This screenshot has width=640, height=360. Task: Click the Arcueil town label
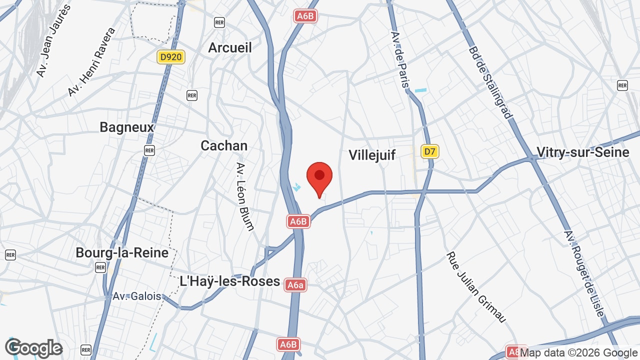point(230,47)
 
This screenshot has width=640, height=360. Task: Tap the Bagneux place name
point(127,127)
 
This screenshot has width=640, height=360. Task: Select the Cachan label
point(224,145)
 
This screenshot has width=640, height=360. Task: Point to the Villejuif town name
point(372,155)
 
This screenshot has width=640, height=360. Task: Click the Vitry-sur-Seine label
point(582,152)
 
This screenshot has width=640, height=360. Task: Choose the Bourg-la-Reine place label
point(122,252)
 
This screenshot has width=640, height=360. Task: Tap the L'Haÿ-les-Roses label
point(229,281)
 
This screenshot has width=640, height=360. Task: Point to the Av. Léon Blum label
point(245,196)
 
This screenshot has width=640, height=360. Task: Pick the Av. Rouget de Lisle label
point(584,273)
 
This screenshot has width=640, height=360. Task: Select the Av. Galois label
point(137,296)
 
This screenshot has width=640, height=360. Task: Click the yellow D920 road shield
point(171,57)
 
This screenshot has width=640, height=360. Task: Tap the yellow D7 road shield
point(429,151)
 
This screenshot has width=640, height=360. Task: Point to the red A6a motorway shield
point(295,285)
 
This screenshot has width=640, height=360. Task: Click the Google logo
point(33,348)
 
